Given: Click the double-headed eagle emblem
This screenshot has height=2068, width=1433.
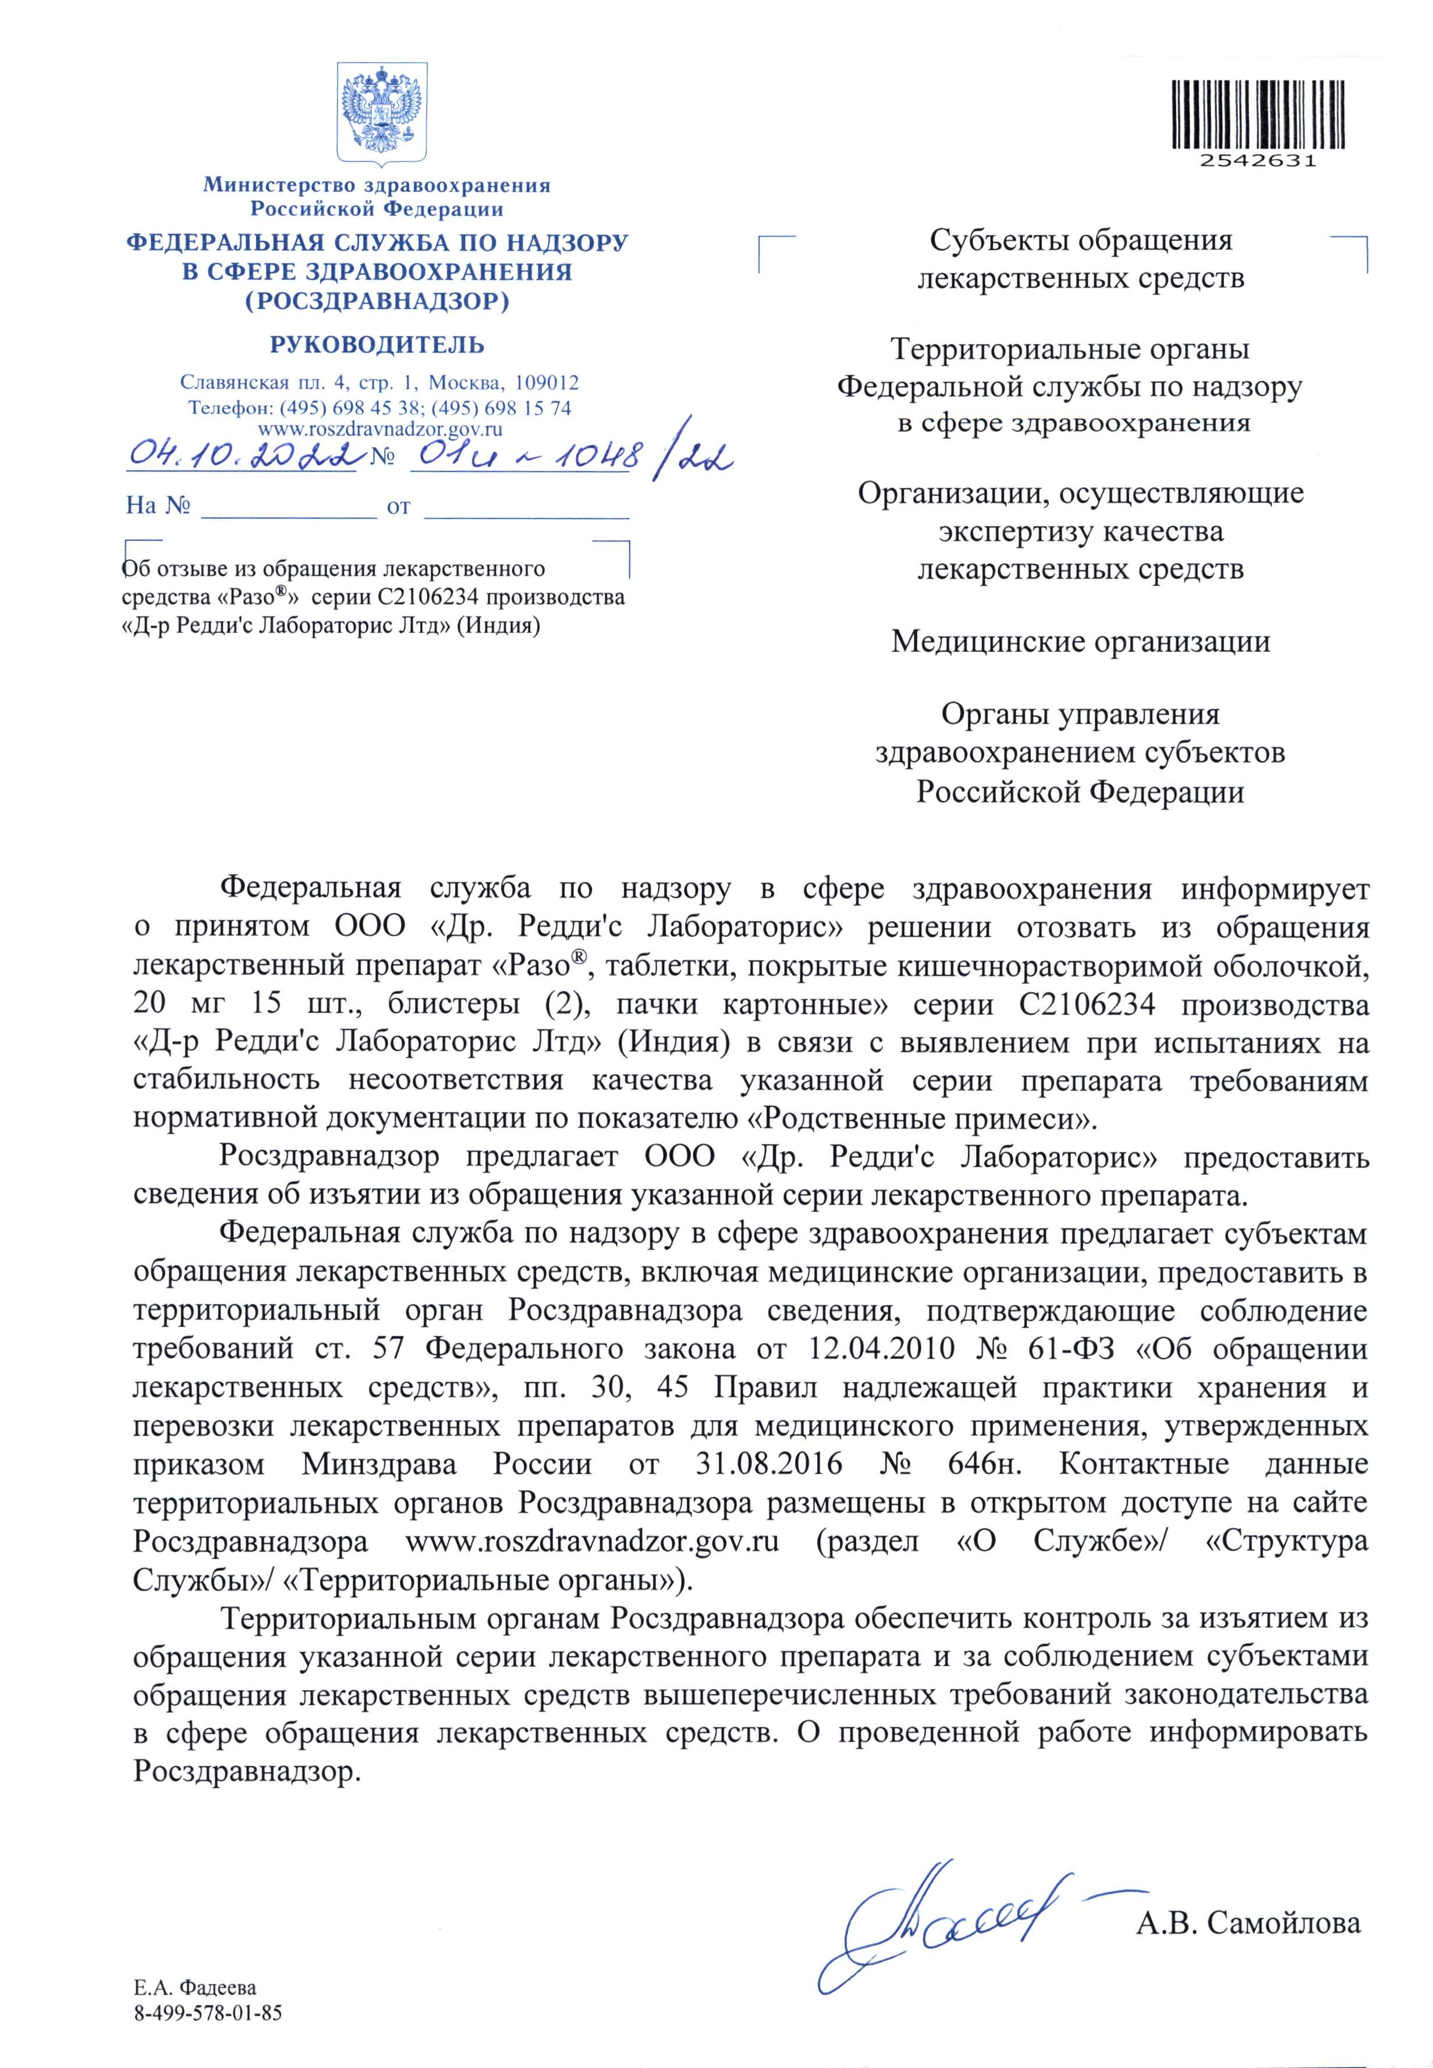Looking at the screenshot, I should point(382,113).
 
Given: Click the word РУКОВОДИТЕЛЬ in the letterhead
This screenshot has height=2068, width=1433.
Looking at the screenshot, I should point(377,345).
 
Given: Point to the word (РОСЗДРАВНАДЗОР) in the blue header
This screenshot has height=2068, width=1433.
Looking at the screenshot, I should point(377,301).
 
